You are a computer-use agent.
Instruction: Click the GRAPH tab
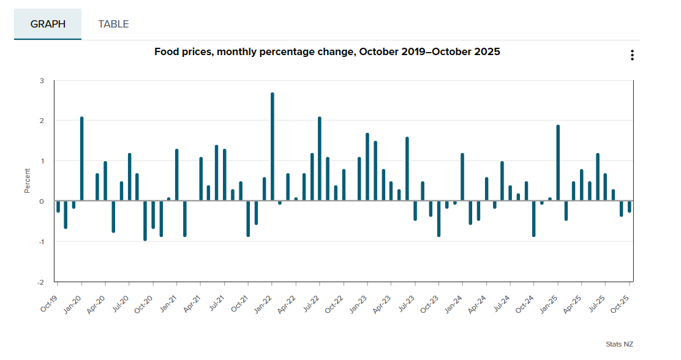click(x=48, y=24)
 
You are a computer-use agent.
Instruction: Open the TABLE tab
click(x=113, y=24)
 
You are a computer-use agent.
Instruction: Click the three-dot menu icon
click(x=632, y=55)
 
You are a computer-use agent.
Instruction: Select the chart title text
click(x=327, y=52)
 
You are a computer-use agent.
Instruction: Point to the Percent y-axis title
click(x=28, y=181)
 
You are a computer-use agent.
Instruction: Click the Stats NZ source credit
click(x=619, y=344)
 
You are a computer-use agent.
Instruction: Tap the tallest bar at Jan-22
click(x=273, y=147)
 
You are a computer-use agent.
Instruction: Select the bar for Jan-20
click(x=81, y=159)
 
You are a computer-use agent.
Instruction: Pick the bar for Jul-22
click(x=320, y=159)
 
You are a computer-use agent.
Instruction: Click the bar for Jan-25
click(x=558, y=163)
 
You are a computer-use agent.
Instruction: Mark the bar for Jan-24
click(x=462, y=177)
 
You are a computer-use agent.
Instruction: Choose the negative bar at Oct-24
click(x=534, y=219)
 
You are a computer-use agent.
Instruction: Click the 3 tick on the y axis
click(x=42, y=81)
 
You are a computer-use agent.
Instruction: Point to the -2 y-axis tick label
click(x=40, y=282)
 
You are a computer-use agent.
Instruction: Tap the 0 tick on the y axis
click(x=42, y=201)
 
